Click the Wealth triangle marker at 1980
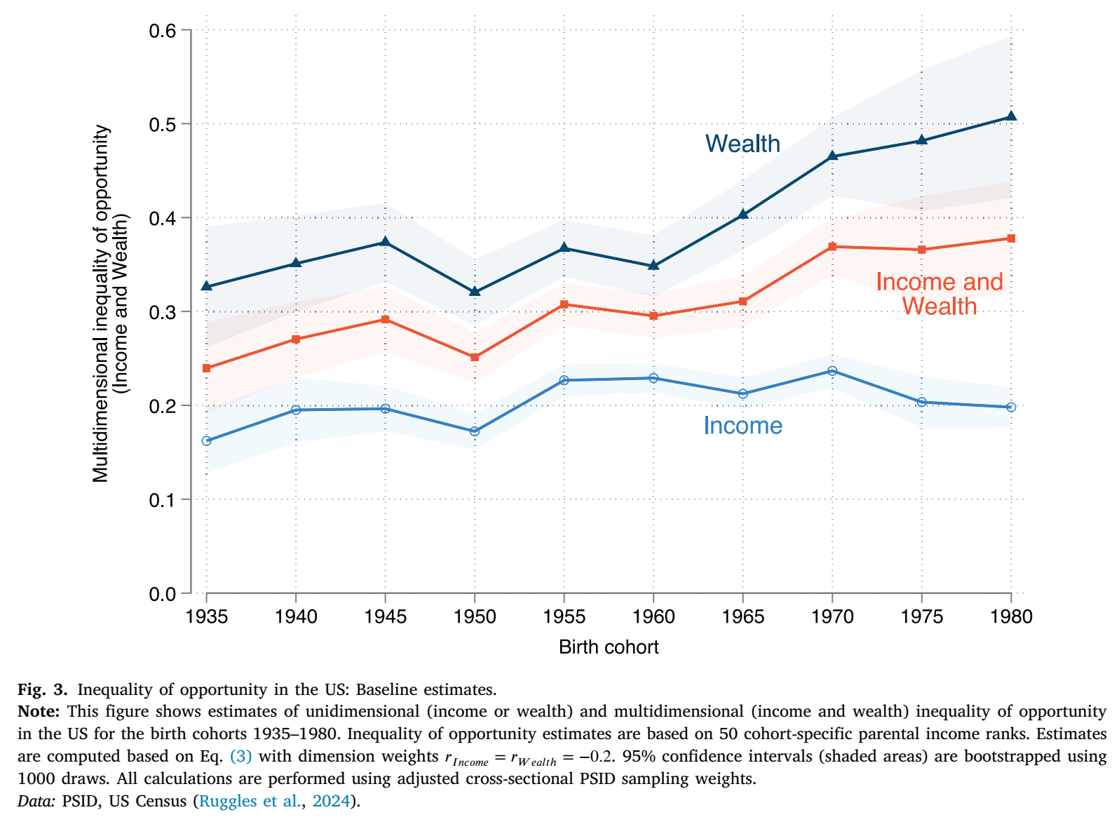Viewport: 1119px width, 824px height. coord(1011,116)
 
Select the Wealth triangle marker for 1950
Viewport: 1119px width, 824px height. coord(475,291)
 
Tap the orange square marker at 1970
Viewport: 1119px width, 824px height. coord(832,247)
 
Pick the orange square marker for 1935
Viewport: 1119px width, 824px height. coord(207,368)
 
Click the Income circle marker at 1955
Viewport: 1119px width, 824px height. coord(564,380)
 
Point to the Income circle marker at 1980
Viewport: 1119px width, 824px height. coord(1011,407)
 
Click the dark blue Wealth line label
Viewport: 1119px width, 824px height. coord(742,144)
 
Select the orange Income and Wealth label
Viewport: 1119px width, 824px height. coord(939,294)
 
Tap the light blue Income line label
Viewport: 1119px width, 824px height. coord(742,426)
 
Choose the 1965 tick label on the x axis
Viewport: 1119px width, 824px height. coord(742,616)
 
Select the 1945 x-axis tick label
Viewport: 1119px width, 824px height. coord(385,616)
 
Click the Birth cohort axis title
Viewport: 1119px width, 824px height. coord(609,647)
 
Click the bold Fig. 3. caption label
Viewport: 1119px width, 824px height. coord(42,689)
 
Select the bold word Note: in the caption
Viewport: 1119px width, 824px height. coord(39,712)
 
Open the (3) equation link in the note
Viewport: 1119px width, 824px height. coord(240,757)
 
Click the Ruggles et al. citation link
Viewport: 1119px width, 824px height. coord(250,802)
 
